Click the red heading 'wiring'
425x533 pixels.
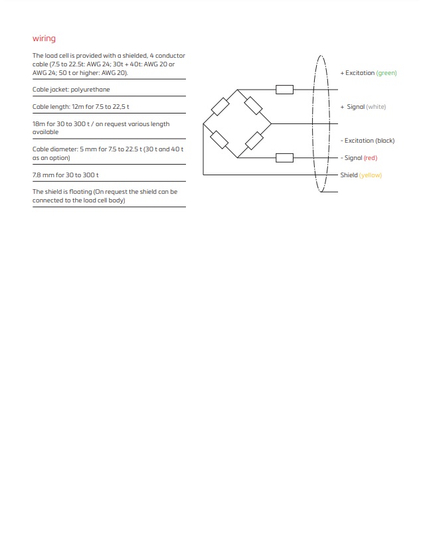[x=44, y=38]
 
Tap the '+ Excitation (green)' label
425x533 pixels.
[x=368, y=73]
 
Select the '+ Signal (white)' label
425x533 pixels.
[x=363, y=107]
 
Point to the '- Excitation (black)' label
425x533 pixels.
[x=367, y=141]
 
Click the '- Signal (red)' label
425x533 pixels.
[x=359, y=158]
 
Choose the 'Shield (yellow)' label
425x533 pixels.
[x=361, y=175]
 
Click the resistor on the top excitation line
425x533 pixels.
[x=284, y=90]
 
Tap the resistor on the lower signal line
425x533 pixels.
[x=284, y=158]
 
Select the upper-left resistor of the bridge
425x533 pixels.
[x=220, y=106]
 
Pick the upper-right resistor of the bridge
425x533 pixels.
[x=254, y=106]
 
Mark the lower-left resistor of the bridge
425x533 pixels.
[x=220, y=140]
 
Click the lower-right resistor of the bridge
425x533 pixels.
[x=254, y=141]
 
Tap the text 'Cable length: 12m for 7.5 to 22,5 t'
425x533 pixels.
[x=85, y=107]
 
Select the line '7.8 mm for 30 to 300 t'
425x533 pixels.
[x=66, y=175]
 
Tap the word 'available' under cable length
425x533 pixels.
[x=45, y=132]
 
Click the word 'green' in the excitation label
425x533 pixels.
[x=386, y=73]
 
